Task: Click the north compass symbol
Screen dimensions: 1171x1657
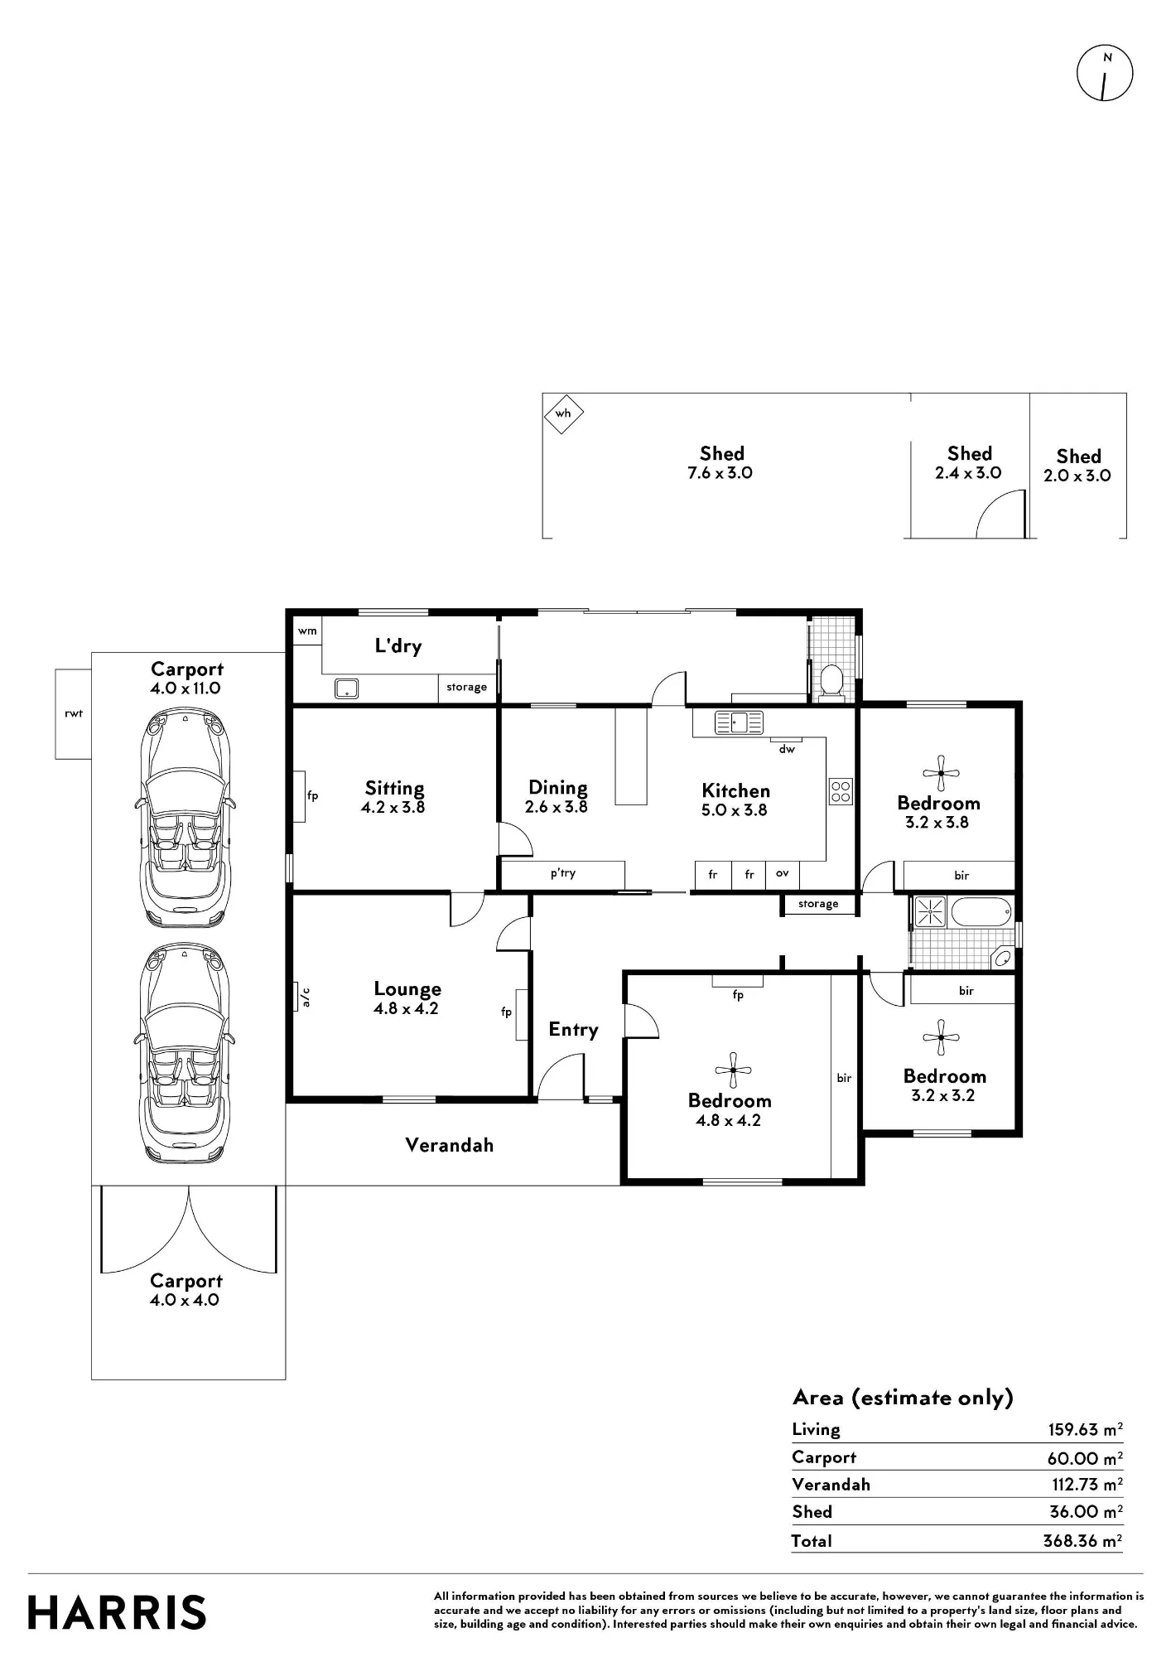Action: [x=1105, y=73]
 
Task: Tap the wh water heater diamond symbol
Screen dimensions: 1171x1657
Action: [x=563, y=413]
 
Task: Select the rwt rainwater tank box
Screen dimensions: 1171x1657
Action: [x=73, y=714]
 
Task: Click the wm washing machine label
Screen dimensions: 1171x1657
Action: [x=307, y=630]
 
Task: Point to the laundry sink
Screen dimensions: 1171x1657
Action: [x=346, y=688]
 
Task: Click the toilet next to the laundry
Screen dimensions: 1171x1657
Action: [x=831, y=681]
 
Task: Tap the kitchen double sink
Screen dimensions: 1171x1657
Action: [x=740, y=722]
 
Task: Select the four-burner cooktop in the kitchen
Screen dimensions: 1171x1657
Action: [x=841, y=791]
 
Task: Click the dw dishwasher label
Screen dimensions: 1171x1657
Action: [x=787, y=749]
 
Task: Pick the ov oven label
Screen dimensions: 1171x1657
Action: [x=782, y=873]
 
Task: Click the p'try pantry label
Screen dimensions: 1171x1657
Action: [x=563, y=873]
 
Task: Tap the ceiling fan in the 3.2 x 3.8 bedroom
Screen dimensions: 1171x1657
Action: [x=941, y=773]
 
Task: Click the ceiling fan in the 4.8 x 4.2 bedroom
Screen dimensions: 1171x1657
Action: [x=733, y=1070]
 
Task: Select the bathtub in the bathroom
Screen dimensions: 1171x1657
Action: [x=981, y=912]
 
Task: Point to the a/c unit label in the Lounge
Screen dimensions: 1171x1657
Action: [x=305, y=997]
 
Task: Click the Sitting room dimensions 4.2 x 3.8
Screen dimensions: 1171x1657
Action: [x=393, y=807]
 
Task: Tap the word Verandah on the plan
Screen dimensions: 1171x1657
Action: [x=450, y=1145]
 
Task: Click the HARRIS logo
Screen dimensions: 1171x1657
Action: [x=117, y=1613]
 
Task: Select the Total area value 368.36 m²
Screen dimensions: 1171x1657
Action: [x=1082, y=1540]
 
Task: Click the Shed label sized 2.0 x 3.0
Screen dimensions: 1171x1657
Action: [x=1078, y=466]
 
